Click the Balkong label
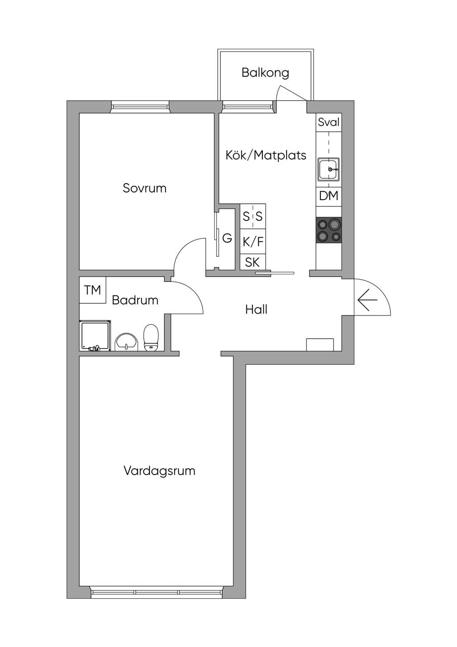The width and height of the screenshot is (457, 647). tap(265, 72)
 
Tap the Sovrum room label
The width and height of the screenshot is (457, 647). tap(145, 188)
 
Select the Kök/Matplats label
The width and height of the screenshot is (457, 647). tap(266, 155)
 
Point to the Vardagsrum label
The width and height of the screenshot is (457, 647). tap(159, 471)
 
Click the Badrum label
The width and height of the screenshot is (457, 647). tap(135, 300)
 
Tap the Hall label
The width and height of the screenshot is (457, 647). tap(256, 309)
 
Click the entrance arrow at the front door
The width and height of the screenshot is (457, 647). tap(367, 300)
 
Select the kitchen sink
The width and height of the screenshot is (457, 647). tap(328, 169)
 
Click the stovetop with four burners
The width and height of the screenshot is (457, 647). tap(329, 230)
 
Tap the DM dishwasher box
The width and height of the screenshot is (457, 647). tap(329, 197)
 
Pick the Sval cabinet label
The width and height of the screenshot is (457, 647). tap(328, 122)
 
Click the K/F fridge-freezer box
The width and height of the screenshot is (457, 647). tap(253, 241)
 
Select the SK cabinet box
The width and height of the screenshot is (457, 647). tap(253, 262)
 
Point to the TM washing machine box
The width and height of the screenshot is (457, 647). tap(93, 290)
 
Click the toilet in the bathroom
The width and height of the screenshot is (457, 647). tap(151, 338)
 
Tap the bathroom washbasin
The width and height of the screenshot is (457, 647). tap(126, 342)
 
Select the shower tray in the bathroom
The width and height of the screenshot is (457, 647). tap(95, 336)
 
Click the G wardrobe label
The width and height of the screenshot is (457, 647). tap(227, 238)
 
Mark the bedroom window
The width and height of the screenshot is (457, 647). tap(140, 107)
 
